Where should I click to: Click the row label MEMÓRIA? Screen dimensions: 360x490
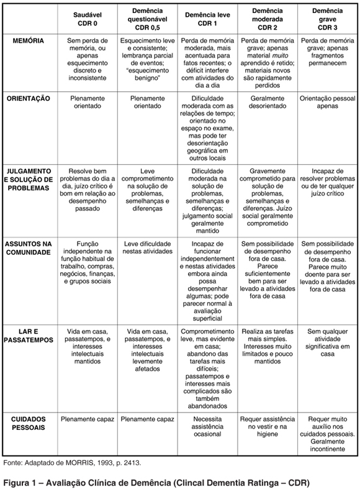(28, 40)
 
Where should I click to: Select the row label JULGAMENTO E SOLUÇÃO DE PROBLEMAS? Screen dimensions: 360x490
(28, 179)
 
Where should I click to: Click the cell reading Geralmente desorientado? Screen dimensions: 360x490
(267, 102)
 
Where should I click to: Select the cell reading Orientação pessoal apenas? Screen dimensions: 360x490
(327, 102)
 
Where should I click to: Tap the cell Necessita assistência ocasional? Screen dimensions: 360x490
(207, 427)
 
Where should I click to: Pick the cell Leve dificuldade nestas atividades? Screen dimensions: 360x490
(147, 249)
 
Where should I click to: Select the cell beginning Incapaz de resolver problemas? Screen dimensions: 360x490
(327, 179)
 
